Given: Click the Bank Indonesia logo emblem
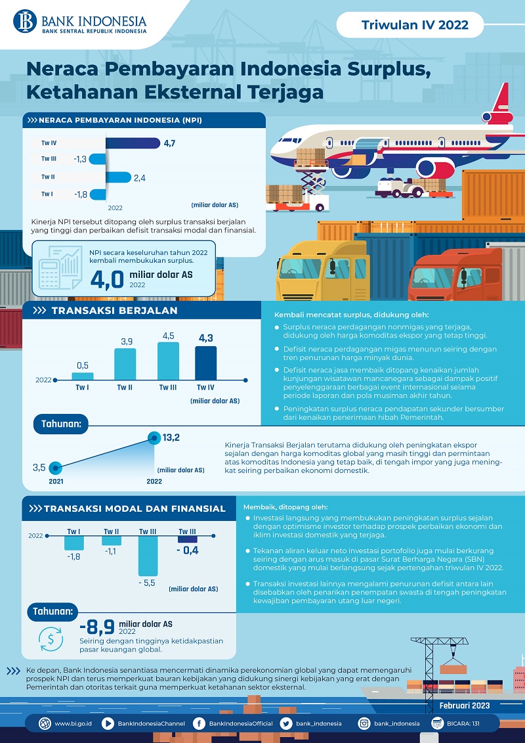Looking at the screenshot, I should [x=26, y=20].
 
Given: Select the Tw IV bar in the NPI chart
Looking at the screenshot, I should [x=131, y=143].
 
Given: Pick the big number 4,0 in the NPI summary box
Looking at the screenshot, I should [x=107, y=279].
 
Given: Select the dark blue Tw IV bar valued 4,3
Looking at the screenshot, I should [x=205, y=363].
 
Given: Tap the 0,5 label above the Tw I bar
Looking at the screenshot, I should [x=83, y=365].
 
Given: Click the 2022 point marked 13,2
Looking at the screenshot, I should [x=154, y=437].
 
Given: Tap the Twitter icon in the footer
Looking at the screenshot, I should [x=285, y=724].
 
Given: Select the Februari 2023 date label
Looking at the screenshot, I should [x=465, y=706].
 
